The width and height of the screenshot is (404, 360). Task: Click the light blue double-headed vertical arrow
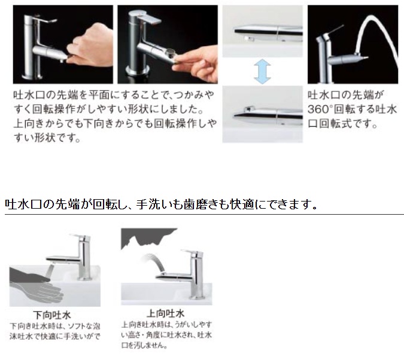(x=262, y=71)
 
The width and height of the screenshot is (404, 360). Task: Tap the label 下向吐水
(x=52, y=315)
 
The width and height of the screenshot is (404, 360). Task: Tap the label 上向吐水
(x=165, y=313)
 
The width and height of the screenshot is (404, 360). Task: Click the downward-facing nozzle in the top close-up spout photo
(x=249, y=39)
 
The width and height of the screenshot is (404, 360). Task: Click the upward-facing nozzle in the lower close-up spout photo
(x=248, y=109)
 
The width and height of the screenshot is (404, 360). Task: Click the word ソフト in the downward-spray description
(x=75, y=326)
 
